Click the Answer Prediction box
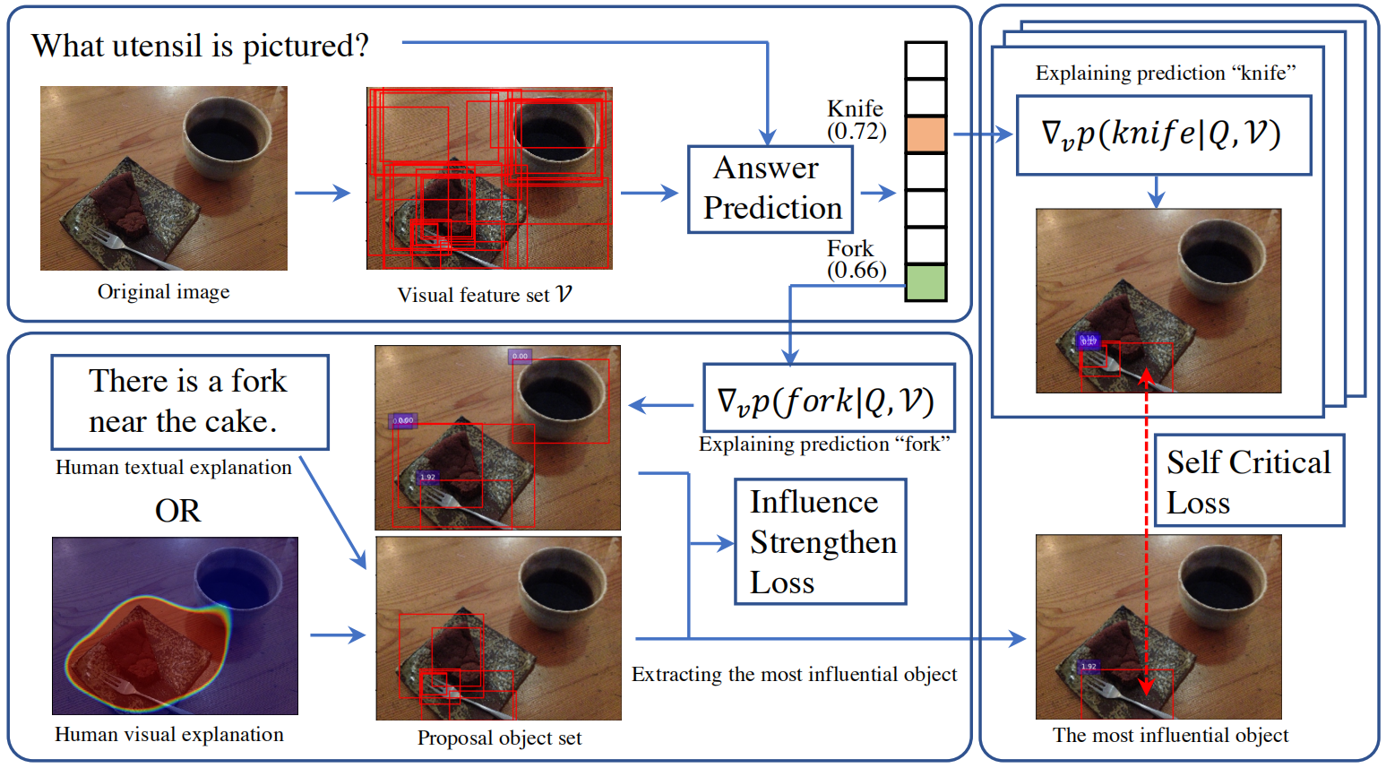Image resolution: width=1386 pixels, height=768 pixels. click(x=770, y=189)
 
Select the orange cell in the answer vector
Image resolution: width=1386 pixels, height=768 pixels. click(x=925, y=134)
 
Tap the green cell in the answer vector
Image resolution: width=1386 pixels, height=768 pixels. click(x=925, y=282)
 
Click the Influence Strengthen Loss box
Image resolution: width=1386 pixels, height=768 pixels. click(x=820, y=541)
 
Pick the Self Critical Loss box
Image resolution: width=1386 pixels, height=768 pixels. click(x=1248, y=481)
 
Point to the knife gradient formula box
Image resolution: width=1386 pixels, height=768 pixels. click(x=1163, y=135)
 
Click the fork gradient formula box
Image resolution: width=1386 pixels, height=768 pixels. click(x=828, y=398)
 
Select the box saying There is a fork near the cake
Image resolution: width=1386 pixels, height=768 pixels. click(x=189, y=402)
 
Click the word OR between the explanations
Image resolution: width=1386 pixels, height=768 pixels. click(x=177, y=511)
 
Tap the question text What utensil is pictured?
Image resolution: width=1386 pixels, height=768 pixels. click(x=200, y=46)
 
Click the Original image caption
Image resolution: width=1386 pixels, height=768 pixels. click(x=163, y=292)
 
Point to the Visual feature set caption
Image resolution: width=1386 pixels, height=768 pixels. click(x=484, y=295)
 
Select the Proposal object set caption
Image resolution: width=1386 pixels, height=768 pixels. click(x=499, y=738)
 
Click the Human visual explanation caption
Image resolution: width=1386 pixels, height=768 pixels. click(x=168, y=735)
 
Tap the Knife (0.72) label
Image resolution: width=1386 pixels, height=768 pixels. click(x=856, y=120)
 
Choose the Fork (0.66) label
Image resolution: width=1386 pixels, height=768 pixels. click(x=856, y=259)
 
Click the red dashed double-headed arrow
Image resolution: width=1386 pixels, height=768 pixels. click(x=1146, y=533)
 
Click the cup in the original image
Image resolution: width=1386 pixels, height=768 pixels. click(x=228, y=134)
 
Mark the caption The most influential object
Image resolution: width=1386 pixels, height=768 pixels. click(x=1170, y=736)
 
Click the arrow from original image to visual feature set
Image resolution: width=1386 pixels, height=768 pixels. click(x=323, y=193)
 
